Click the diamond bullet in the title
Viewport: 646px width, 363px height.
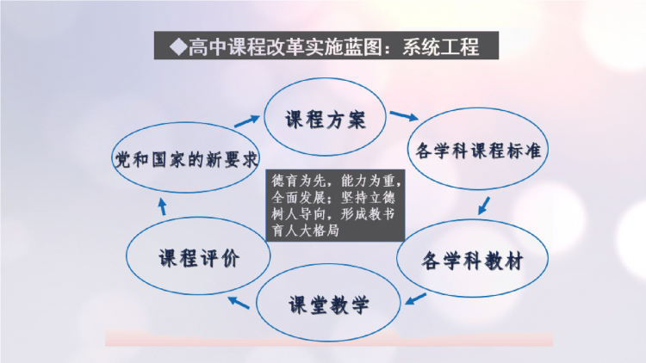pos(178,46)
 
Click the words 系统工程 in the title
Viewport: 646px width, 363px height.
pos(441,46)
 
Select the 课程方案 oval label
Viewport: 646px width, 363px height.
pos(325,120)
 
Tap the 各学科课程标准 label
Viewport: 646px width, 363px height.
pos(478,151)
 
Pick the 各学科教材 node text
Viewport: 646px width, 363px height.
pos(472,260)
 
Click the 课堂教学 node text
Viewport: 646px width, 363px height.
pos(328,305)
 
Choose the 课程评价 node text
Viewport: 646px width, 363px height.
pos(199,258)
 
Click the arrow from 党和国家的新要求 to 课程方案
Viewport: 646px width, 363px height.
pos(247,121)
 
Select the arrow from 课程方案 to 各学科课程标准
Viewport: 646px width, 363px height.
pos(404,115)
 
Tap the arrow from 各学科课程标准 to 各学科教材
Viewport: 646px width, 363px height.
pos(484,206)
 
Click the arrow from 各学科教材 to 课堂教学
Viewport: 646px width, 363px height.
pos(415,299)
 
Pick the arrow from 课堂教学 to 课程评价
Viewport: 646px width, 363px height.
pos(239,302)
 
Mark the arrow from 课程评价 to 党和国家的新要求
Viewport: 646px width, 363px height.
pos(163,207)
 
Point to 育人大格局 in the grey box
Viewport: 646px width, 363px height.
pos(305,231)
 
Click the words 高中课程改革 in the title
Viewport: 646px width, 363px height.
pos(246,46)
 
